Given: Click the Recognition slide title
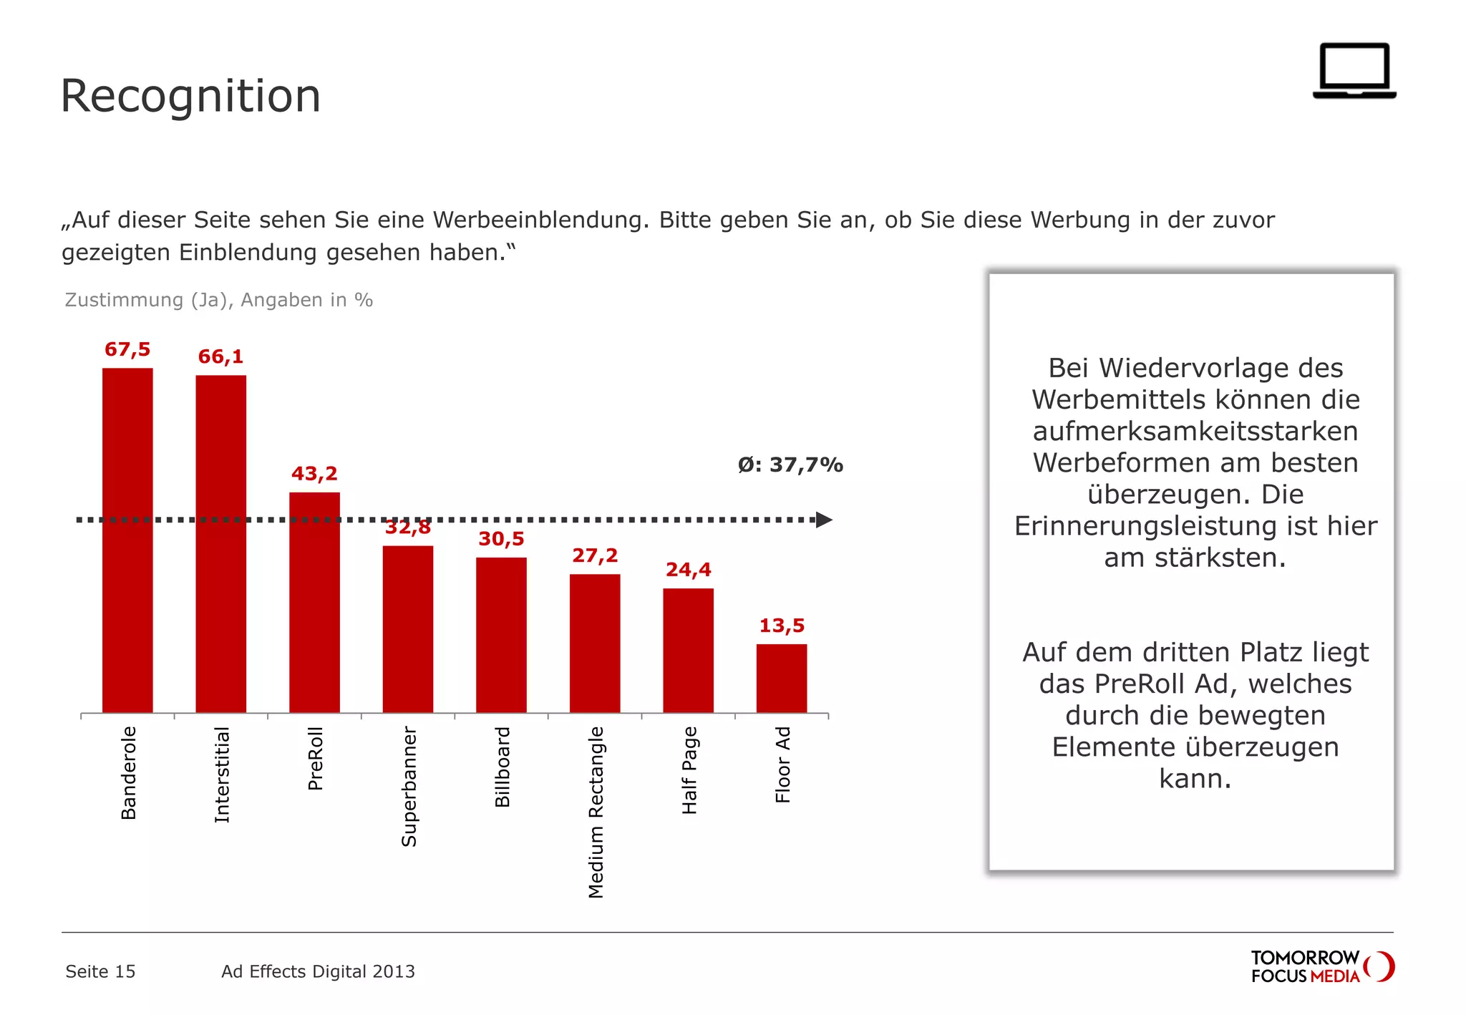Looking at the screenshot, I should tap(190, 96).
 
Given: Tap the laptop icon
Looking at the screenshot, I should tap(1354, 70).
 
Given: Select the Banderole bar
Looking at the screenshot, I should tap(127, 540).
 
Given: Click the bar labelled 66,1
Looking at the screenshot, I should tap(220, 544).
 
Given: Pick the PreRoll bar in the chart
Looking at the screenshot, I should tap(314, 603).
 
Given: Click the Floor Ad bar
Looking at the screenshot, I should tap(781, 678).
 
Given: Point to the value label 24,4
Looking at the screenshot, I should tap(688, 570).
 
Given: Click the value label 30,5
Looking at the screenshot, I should tap(501, 539).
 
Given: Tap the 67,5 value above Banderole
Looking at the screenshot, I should tap(127, 349).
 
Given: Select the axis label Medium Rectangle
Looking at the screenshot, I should tap(596, 812).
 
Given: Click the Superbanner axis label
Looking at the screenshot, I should tap(409, 786).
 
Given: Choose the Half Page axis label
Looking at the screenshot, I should tap(689, 770).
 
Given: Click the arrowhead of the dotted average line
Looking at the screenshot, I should tap(824, 520).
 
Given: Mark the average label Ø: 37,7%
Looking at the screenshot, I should tap(790, 465).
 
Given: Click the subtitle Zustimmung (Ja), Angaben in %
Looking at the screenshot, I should tap(218, 300).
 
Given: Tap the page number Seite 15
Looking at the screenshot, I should tap(100, 971).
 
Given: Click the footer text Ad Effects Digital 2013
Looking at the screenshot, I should tap(318, 971).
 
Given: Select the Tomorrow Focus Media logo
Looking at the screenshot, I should tap(1321, 966).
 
